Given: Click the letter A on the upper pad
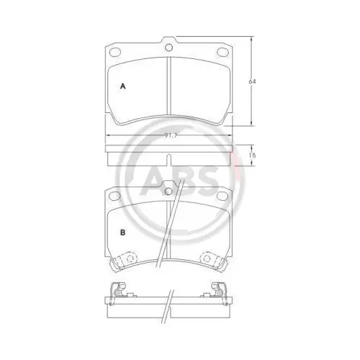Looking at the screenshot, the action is coord(122,86).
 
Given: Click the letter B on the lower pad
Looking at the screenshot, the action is coord(122,233).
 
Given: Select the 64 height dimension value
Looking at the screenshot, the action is coord(252,81).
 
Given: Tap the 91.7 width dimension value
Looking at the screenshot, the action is coord(171,135).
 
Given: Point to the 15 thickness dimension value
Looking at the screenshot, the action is coord(252,156).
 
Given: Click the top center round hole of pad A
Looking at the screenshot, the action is coord(169,48).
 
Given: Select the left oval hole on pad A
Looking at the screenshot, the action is coord(114,52).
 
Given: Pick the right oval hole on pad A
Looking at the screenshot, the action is coord(223,51).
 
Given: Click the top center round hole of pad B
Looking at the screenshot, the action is coord(169,192).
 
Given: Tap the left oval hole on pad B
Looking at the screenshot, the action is coord(114,196).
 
